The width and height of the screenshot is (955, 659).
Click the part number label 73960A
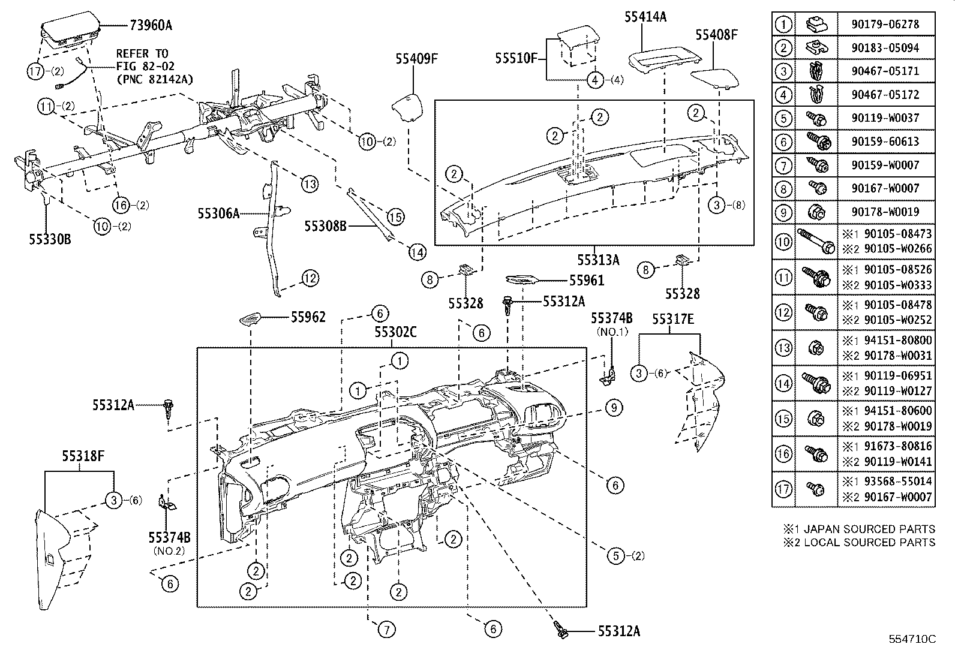click(x=151, y=25)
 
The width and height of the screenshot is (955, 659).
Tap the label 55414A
click(x=645, y=17)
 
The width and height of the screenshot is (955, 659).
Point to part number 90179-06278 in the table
click(x=884, y=25)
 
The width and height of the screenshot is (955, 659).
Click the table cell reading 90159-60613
click(x=884, y=142)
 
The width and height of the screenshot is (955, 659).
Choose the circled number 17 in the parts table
click(x=783, y=489)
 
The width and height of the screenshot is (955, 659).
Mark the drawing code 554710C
click(x=912, y=640)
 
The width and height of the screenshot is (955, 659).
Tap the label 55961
click(x=587, y=280)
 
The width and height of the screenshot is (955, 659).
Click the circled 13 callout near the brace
click(x=309, y=184)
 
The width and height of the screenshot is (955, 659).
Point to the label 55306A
click(x=219, y=213)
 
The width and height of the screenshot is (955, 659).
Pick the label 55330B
click(x=50, y=239)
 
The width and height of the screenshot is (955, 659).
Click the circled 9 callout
click(x=614, y=408)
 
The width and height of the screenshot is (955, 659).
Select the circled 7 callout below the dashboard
click(x=387, y=629)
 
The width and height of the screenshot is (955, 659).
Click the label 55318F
click(x=83, y=456)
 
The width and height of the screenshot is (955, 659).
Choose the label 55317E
click(x=673, y=320)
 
